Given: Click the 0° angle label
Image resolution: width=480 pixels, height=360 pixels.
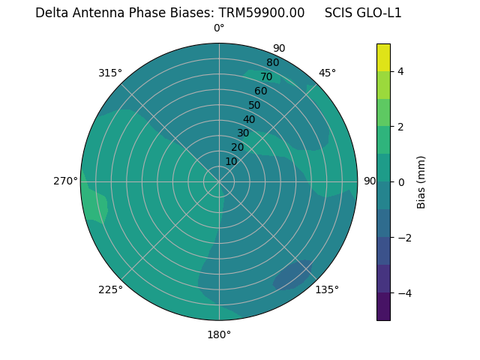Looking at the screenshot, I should pos(219,28).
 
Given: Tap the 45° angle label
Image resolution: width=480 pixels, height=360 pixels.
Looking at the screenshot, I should pos(327,73).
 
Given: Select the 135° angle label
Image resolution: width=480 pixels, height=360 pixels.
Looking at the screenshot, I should pos(327,289).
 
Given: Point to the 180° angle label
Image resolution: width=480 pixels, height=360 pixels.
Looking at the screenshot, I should pos(219,334).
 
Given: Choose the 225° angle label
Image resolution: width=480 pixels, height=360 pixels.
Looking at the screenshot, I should pos(110,289).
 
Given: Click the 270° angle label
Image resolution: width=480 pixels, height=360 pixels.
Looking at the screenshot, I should pos(65,181).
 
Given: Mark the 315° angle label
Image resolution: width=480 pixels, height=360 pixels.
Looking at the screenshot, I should pos(110,73).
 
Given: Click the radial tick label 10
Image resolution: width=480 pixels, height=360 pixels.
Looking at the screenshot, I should pos(231,161).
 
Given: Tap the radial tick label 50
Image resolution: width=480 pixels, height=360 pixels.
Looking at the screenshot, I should pos(254,105).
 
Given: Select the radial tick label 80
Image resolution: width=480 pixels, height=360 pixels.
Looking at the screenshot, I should pos(272,62).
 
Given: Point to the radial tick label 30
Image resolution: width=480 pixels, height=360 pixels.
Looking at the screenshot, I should pos(243,133).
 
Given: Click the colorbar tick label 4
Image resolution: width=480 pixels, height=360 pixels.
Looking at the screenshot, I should pos(401,71).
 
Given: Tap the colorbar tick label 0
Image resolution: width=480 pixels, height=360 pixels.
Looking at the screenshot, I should pos(401,182).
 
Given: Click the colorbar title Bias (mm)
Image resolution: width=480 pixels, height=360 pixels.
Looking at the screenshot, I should pos(421,182).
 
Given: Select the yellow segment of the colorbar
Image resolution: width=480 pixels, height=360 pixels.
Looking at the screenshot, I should pos(383,58).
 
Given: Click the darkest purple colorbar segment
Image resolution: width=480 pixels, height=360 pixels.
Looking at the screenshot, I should pos(383,307).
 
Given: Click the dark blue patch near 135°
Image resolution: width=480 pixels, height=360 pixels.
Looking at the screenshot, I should pos(295,275).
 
